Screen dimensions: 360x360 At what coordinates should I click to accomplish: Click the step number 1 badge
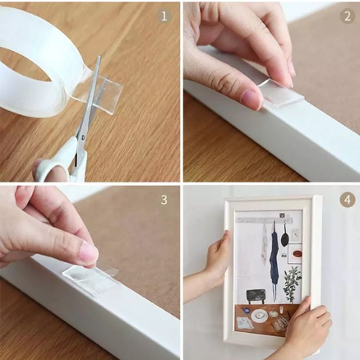click(x=164, y=16)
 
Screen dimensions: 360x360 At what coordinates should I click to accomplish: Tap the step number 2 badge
click(x=348, y=16)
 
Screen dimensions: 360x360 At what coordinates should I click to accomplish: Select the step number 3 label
click(x=164, y=200)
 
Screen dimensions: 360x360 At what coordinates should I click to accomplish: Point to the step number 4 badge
click(x=348, y=200)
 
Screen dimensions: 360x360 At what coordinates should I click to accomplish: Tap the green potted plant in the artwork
click(x=292, y=281)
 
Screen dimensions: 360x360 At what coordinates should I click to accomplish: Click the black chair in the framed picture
click(x=256, y=296)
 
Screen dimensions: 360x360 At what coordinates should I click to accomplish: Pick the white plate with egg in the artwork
click(x=259, y=316)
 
